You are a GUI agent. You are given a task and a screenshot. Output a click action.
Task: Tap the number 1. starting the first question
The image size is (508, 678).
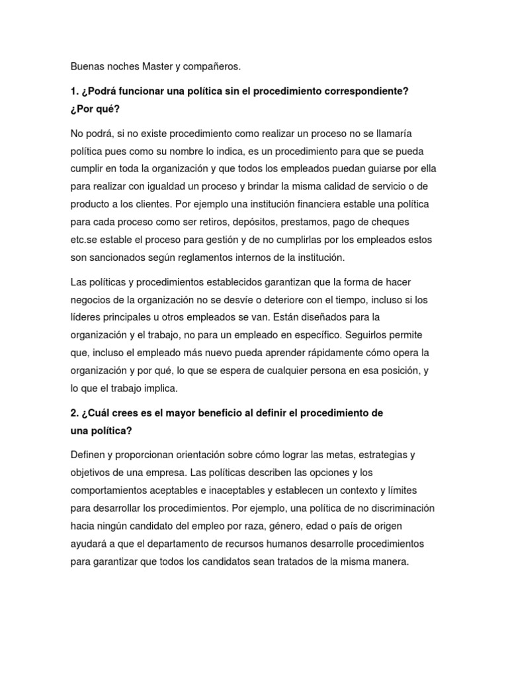pos(75,91)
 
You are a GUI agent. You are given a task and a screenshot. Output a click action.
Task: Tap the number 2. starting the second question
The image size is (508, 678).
pos(75,413)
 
